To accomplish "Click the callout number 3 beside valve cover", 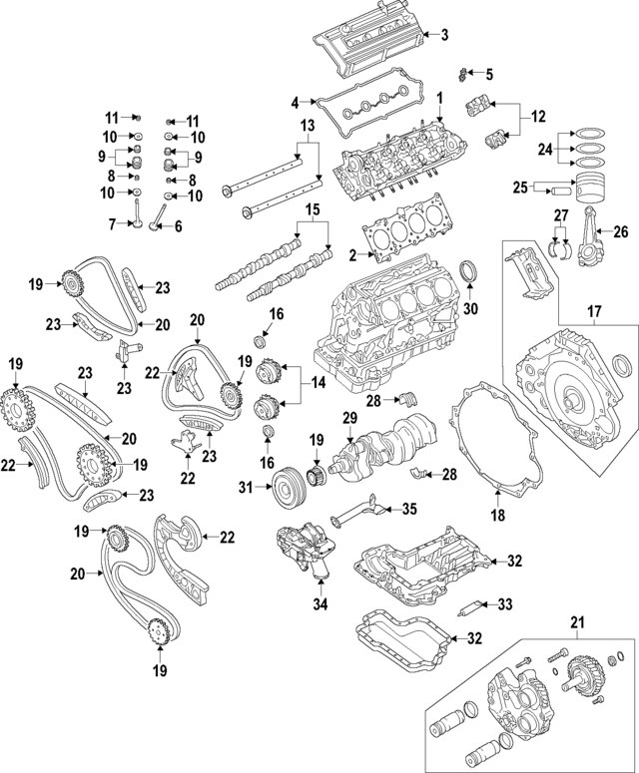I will [444, 35].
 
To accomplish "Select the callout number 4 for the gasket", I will [296, 102].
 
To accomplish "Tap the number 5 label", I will [488, 74].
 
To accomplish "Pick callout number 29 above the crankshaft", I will [349, 416].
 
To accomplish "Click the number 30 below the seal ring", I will [471, 308].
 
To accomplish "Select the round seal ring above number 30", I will [469, 274].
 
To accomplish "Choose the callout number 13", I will [307, 125].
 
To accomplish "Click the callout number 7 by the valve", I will [112, 223].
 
